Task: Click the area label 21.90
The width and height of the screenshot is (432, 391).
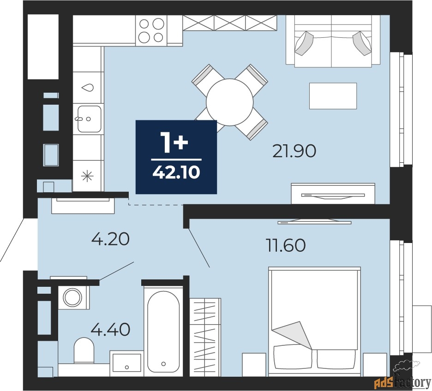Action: point(294,151)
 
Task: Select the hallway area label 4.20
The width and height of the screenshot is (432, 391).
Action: point(110,239)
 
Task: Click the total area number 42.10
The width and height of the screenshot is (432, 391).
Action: point(176,172)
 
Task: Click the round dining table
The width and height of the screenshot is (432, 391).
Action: point(229,102)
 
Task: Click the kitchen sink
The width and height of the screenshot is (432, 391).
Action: point(89,119)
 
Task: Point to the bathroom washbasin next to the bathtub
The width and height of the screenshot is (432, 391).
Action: point(126,362)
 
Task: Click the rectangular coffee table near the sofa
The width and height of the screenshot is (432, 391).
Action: point(333,96)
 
